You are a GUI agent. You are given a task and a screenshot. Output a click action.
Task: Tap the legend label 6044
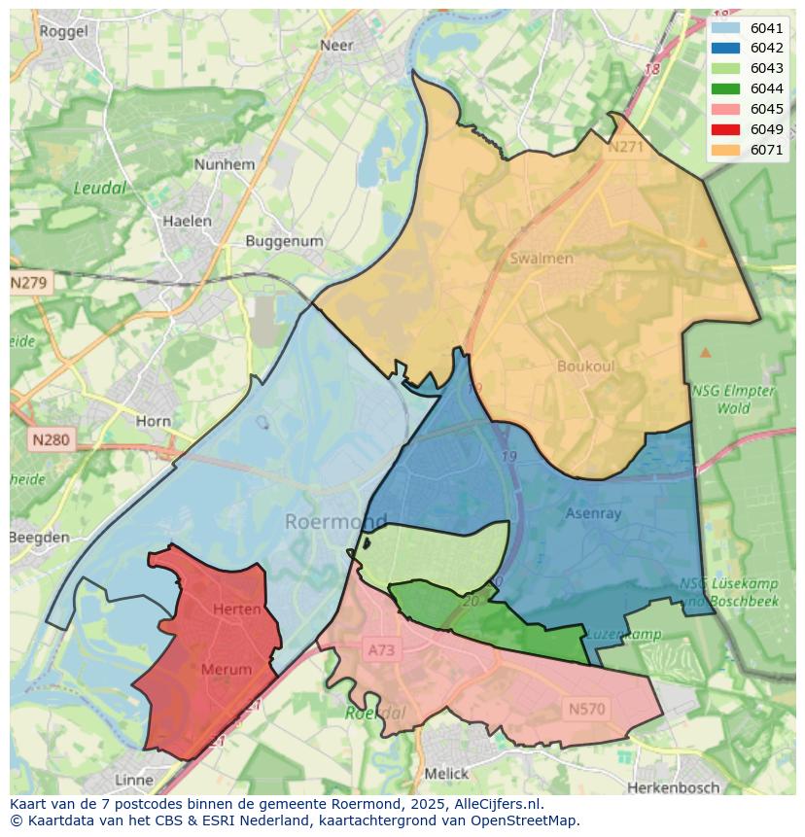[767, 89]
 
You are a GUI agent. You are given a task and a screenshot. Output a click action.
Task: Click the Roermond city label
[334, 522]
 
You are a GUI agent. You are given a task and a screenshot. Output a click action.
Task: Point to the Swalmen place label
[542, 259]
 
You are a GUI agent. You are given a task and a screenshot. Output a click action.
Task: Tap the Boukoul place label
[586, 366]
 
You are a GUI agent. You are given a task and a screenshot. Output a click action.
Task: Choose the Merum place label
[227, 669]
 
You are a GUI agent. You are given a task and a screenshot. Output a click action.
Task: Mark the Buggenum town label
[284, 240]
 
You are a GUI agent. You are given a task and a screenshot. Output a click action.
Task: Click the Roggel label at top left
[64, 31]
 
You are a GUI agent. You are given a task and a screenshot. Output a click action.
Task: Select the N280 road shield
[51, 440]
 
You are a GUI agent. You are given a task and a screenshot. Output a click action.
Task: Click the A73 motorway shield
[382, 649]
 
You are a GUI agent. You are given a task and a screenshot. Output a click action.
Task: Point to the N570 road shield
[586, 709]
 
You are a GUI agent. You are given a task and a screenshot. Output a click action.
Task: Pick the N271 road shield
[625, 147]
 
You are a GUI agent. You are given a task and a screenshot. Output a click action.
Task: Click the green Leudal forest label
[101, 188]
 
